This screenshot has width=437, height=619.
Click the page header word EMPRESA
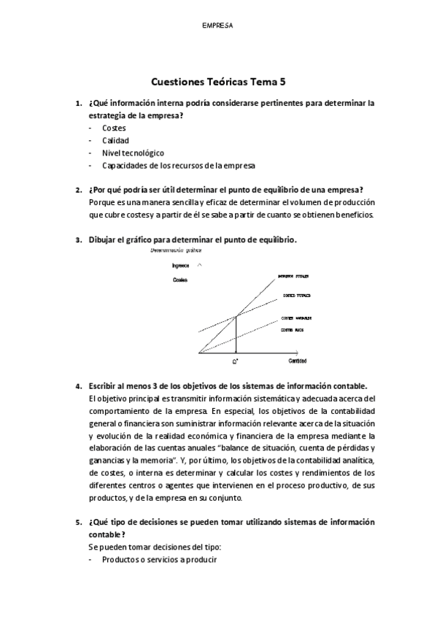217,25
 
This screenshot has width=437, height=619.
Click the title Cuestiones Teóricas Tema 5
218,82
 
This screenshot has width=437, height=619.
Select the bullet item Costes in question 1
114,128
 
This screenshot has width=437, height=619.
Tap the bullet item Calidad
115,140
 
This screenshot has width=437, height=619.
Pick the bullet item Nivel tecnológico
133,153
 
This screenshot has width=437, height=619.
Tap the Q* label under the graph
236,361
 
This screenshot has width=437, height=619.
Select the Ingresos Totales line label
293,277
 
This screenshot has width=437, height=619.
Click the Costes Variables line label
297,319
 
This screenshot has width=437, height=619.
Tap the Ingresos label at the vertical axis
180,266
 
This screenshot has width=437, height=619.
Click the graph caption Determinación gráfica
174,250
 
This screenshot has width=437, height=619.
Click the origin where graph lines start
199,353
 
